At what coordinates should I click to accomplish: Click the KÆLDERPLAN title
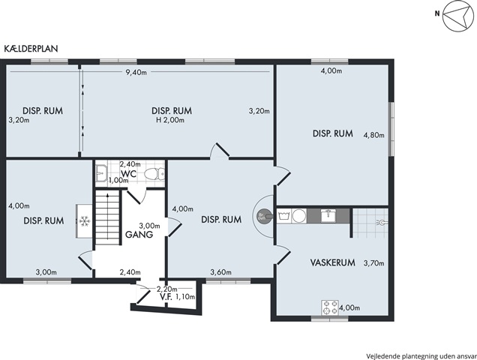tap(31, 49)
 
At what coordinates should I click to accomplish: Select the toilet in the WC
tap(154, 174)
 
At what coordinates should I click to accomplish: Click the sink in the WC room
tap(100, 174)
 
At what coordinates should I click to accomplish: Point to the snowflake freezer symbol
tap(85, 221)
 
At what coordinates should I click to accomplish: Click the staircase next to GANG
tap(107, 217)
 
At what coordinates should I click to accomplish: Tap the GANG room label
tap(139, 235)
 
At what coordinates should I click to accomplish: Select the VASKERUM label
tap(332, 262)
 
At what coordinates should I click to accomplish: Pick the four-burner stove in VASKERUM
tap(330, 307)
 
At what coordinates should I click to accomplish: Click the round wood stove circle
tap(262, 216)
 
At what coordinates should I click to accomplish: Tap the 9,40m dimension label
tap(136, 73)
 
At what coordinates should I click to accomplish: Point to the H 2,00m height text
tap(170, 120)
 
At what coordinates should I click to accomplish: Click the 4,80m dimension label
tap(373, 135)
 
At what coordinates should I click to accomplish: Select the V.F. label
tap(166, 296)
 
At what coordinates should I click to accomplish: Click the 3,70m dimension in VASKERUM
tap(373, 263)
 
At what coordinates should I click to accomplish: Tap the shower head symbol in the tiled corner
tap(380, 223)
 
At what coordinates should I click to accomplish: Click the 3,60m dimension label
tap(220, 272)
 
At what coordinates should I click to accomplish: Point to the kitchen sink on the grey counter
tap(328, 216)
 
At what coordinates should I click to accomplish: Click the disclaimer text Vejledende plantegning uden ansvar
tap(421, 356)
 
